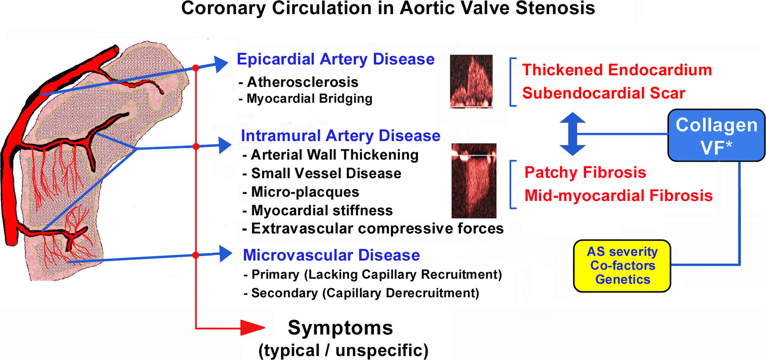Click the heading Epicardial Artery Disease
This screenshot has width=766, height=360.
[335, 59]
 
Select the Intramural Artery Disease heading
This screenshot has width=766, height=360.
[341, 136]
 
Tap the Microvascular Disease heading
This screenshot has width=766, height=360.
[332, 255]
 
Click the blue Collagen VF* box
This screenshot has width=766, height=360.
[716, 136]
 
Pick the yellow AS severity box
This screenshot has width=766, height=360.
[622, 266]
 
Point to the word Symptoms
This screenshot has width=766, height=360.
[341, 328]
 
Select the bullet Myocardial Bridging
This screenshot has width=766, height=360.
[305, 99]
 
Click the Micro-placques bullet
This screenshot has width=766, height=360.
[301, 192]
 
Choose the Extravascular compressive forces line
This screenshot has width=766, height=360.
[373, 228]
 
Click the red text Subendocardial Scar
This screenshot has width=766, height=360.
[603, 93]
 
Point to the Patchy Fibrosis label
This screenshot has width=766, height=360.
[585, 172]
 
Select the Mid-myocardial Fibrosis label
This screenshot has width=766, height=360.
[619, 196]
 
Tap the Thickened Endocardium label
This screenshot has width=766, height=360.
[617, 70]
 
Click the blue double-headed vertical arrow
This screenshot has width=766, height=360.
[572, 134]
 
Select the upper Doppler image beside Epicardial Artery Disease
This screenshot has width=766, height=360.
[471, 81]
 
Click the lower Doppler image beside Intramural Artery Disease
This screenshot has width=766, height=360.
[474, 181]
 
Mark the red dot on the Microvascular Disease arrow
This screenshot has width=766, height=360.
[196, 255]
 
